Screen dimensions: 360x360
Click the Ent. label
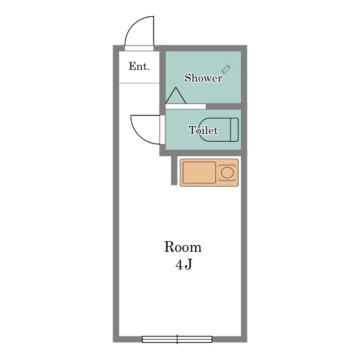pyautogui.click(x=139, y=66)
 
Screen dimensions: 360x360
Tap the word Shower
pyautogui.click(x=203, y=78)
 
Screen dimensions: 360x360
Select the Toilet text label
pyautogui.click(x=203, y=130)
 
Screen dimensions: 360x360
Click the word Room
pyautogui.click(x=183, y=247)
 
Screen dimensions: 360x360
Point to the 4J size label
pyautogui.click(x=184, y=265)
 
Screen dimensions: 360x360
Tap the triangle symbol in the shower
pyautogui.click(x=175, y=96)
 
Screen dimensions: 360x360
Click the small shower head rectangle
pyautogui.click(x=226, y=69)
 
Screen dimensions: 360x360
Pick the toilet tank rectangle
pyautogui.click(x=234, y=129)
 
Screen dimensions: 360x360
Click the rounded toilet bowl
pyautogui.click(x=215, y=129)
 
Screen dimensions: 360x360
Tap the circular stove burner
pyautogui.click(x=227, y=173)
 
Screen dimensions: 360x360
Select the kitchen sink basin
pyautogui.click(x=199, y=173)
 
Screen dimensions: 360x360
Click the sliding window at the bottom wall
pyautogui.click(x=177, y=339)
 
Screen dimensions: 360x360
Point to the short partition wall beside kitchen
pyautogui.click(x=174, y=170)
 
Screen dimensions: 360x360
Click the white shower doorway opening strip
pyautogui.click(x=186, y=106)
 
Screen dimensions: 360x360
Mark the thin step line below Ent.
pyautogui.click(x=139, y=83)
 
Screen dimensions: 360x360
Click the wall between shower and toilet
pyautogui.click(x=226, y=106)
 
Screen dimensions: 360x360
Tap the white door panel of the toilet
pyautogui.click(x=163, y=130)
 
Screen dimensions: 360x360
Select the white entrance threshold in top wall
pyautogui.click(x=139, y=48)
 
